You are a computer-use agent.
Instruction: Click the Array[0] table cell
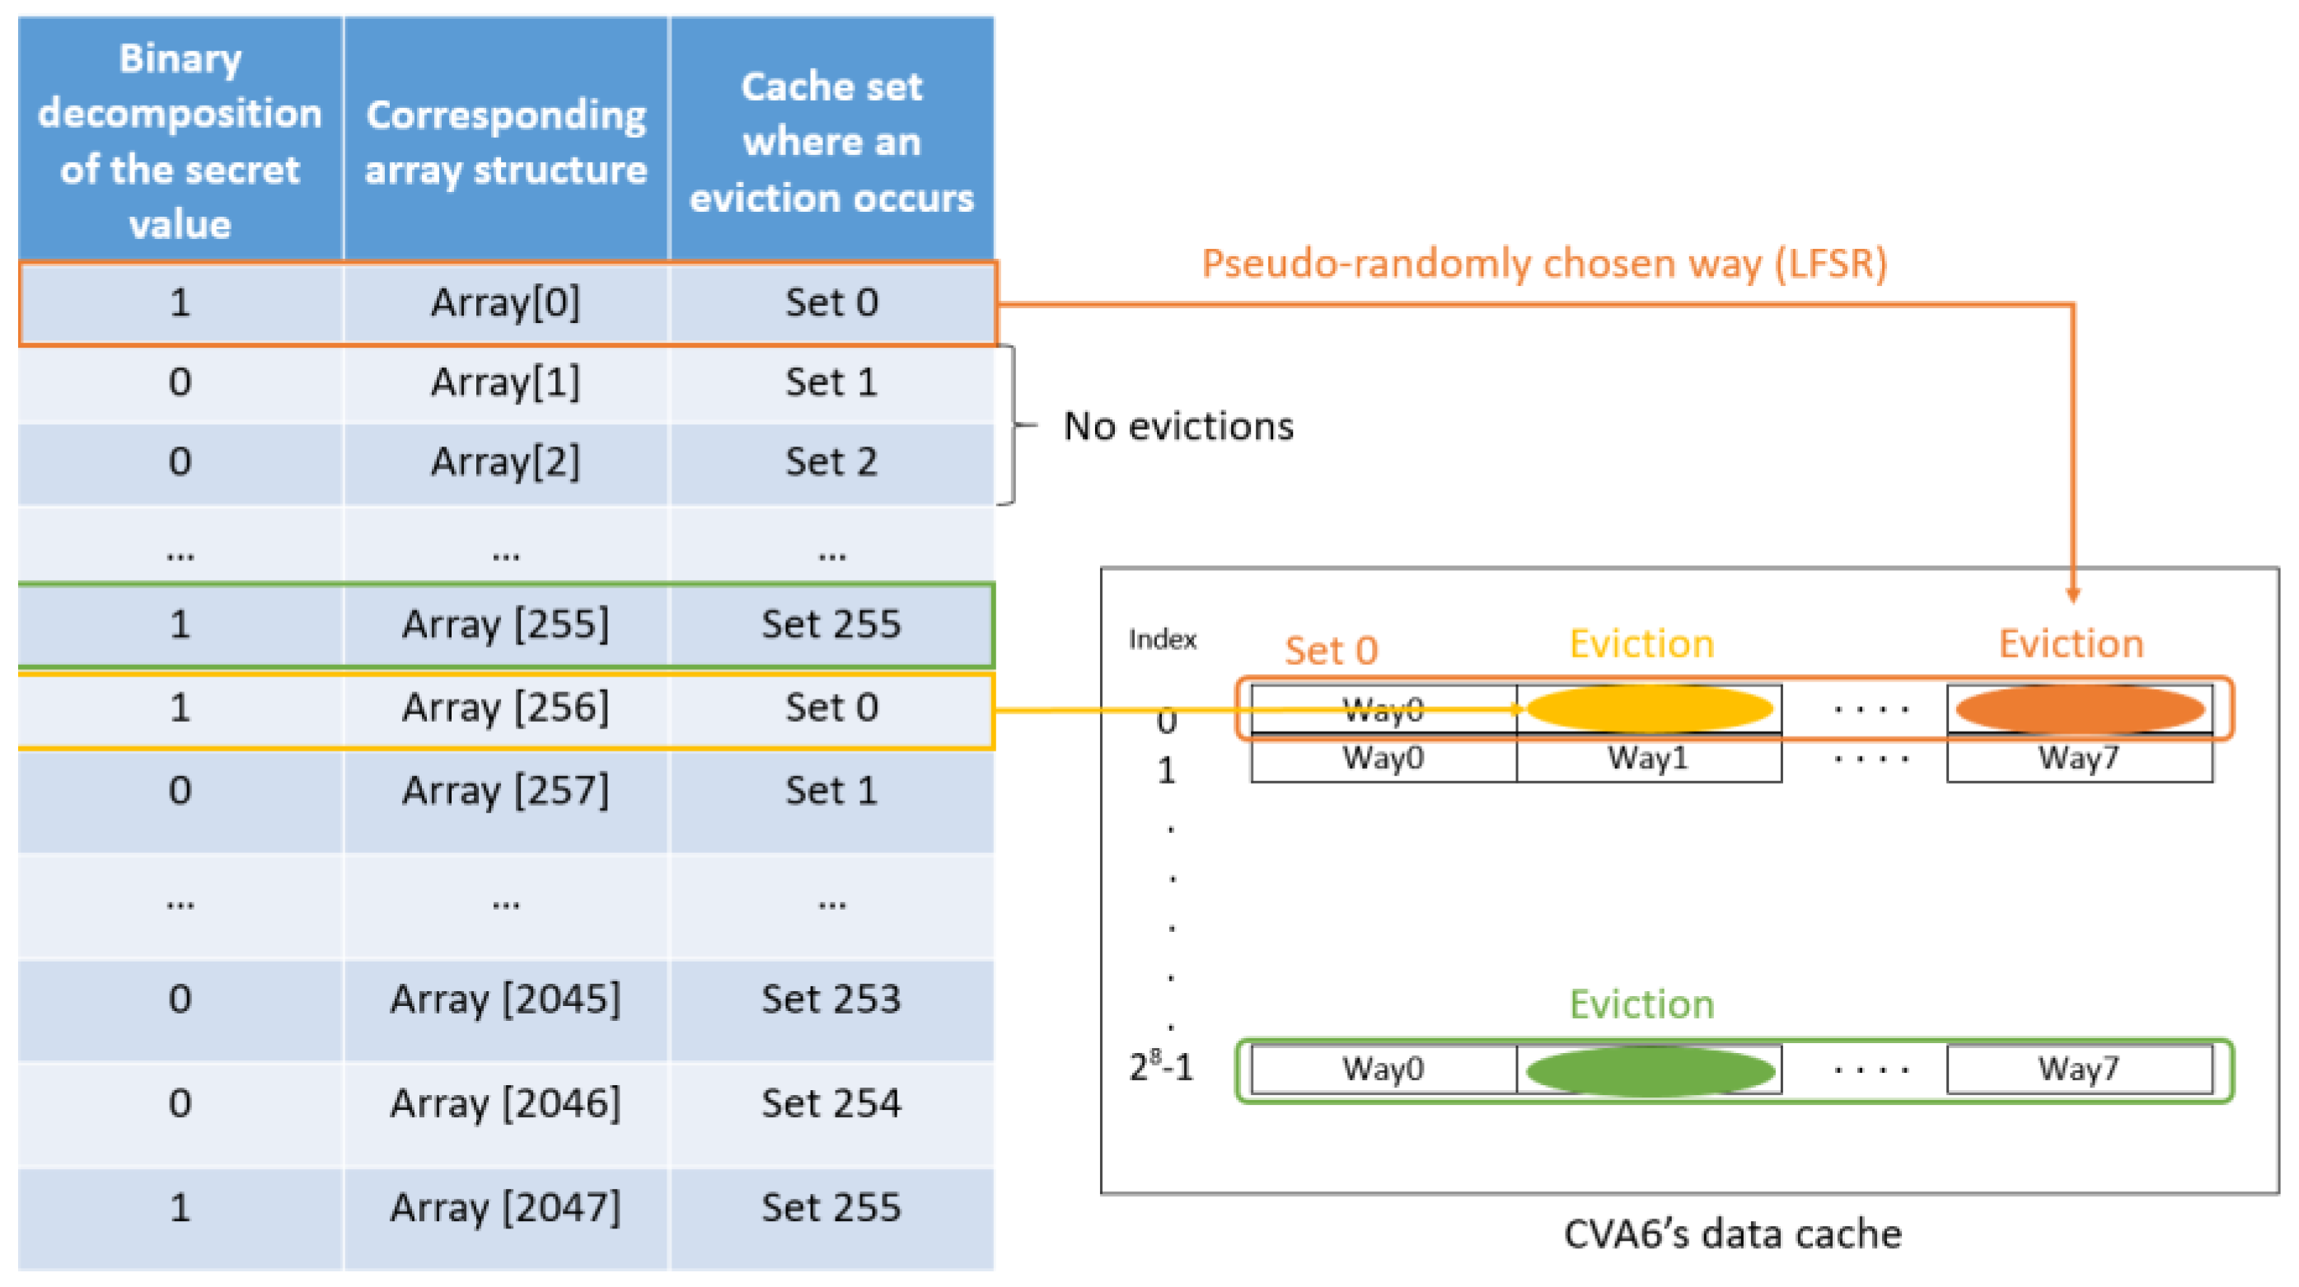[x=505, y=302]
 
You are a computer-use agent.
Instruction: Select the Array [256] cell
[x=505, y=708]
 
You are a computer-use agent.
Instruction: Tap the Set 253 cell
[x=831, y=999]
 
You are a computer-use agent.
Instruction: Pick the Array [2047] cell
[x=505, y=1208]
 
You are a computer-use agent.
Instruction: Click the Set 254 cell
[x=831, y=1103]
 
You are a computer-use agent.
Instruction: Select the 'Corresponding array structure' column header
[x=505, y=141]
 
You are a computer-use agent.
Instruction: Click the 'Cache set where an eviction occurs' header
[x=831, y=141]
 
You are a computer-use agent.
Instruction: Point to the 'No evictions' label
[x=1178, y=426]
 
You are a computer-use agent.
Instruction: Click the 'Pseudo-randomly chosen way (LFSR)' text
[x=1544, y=264]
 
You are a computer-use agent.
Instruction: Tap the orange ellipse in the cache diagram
[x=2080, y=709]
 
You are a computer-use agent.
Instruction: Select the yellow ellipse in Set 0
[x=1650, y=709]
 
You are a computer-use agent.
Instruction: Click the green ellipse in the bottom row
[x=1650, y=1070]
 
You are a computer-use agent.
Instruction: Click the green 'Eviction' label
[x=1641, y=1004]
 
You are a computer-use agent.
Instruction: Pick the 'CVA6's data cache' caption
[x=1732, y=1234]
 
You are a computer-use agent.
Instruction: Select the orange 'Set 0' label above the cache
[x=1331, y=651]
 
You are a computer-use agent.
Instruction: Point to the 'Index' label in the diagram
[x=1161, y=639]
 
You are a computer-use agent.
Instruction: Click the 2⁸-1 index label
[x=1160, y=1066]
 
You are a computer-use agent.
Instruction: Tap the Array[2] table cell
[x=505, y=462]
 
